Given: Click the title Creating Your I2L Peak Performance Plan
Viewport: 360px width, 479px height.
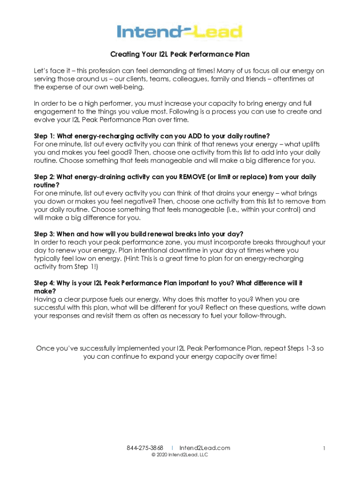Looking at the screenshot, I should tap(180, 55).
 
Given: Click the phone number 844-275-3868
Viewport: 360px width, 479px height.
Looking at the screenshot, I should tap(145, 448).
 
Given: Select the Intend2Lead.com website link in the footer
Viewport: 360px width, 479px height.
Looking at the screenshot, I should tap(205, 448).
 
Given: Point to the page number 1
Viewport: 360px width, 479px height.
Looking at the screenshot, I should tap(324, 448).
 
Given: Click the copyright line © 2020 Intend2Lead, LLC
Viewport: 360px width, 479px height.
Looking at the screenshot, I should tap(180, 455).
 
